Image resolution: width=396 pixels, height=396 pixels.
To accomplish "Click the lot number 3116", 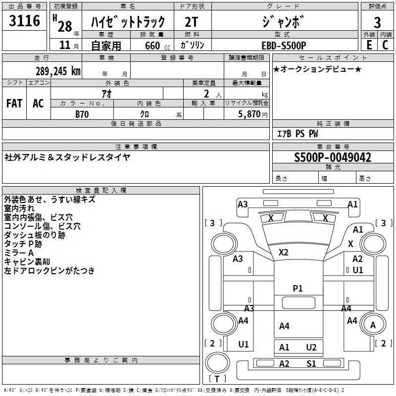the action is point(24,21).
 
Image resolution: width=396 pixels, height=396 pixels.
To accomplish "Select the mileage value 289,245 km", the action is point(58,71).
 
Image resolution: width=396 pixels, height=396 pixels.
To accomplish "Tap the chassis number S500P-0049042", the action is point(333,157).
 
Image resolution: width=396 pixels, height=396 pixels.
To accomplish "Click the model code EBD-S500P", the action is point(284,46).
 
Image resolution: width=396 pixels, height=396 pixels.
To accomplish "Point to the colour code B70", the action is point(82,114).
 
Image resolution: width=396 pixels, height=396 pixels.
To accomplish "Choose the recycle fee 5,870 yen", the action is point(253,114).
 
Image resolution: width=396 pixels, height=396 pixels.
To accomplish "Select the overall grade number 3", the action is point(377,23).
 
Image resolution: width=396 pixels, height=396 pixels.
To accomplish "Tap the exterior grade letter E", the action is point(369,45).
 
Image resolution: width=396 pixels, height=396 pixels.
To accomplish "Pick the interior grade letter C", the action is point(385,45).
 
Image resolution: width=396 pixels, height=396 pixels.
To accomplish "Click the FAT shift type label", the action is point(14,103).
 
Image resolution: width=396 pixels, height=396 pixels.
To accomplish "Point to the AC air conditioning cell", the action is point(39,103).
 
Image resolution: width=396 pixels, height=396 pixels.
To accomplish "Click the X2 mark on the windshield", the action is point(283,252).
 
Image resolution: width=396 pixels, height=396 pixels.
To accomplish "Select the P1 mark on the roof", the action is point(297,289).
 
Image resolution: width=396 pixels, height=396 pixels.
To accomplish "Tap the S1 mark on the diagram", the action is point(311,364).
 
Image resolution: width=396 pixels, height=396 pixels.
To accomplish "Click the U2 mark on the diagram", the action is point(311,347).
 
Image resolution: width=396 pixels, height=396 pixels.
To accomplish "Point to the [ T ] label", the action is point(217,379).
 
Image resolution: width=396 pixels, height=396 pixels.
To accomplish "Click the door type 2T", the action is point(191,22).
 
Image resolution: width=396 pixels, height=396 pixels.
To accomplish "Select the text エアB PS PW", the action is point(297,133).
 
